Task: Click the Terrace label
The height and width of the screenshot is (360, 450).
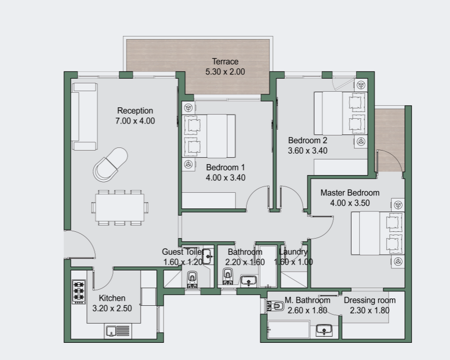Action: pos(226,61)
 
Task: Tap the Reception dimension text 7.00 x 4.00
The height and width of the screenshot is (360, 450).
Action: pos(135,121)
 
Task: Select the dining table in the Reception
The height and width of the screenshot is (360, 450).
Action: pos(120,207)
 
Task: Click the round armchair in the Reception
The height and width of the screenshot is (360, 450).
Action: pos(110,165)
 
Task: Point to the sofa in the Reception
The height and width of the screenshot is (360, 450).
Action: pos(84,117)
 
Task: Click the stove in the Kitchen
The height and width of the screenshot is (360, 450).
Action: pos(79,292)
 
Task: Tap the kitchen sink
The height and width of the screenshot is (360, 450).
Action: pos(118,331)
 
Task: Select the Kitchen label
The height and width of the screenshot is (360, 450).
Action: pos(112,298)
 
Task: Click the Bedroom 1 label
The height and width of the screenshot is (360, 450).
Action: pos(226,167)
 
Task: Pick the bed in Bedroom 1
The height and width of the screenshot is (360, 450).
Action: pos(209,136)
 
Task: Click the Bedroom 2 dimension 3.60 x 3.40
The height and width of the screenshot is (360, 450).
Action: pos(308,151)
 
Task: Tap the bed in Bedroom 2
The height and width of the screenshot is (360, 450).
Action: pos(341,113)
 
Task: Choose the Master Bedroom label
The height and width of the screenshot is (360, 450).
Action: pos(350,193)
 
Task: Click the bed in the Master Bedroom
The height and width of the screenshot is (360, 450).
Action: pos(378,233)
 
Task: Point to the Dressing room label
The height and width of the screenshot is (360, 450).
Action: pos(370,300)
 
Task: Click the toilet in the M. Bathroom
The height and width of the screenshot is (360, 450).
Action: pos(275,306)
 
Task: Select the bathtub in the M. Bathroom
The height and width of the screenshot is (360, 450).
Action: pos(289,330)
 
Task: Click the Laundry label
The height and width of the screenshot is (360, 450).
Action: pos(293,252)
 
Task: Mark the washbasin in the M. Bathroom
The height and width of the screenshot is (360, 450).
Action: pos(324,330)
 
